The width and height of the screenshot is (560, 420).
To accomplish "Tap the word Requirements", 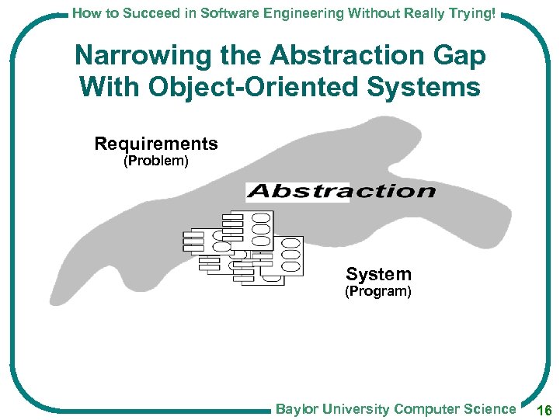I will tap(156, 144).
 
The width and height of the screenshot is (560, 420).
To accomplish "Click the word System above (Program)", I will tap(378, 274).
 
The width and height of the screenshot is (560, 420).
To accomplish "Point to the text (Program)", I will tap(378, 292).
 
